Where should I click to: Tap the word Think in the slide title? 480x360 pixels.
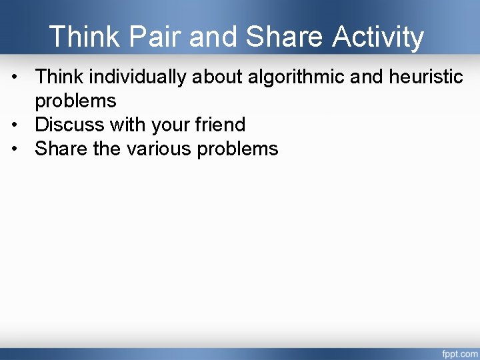pos(85,37)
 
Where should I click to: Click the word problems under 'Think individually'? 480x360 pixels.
pos(75,101)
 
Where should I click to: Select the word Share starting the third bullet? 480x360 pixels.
pos(61,149)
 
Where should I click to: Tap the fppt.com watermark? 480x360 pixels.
pos(460,353)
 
